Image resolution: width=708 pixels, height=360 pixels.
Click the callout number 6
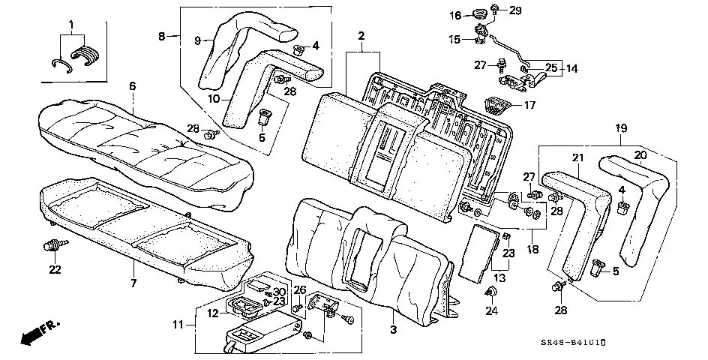click(x=132, y=86)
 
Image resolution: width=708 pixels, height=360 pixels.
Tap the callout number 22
click(x=54, y=269)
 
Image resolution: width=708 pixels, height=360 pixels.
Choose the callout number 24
click(x=492, y=309)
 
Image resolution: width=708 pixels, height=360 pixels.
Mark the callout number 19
click(x=621, y=128)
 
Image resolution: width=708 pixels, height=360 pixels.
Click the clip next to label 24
click(x=493, y=291)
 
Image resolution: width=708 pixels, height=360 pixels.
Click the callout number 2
click(x=361, y=35)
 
